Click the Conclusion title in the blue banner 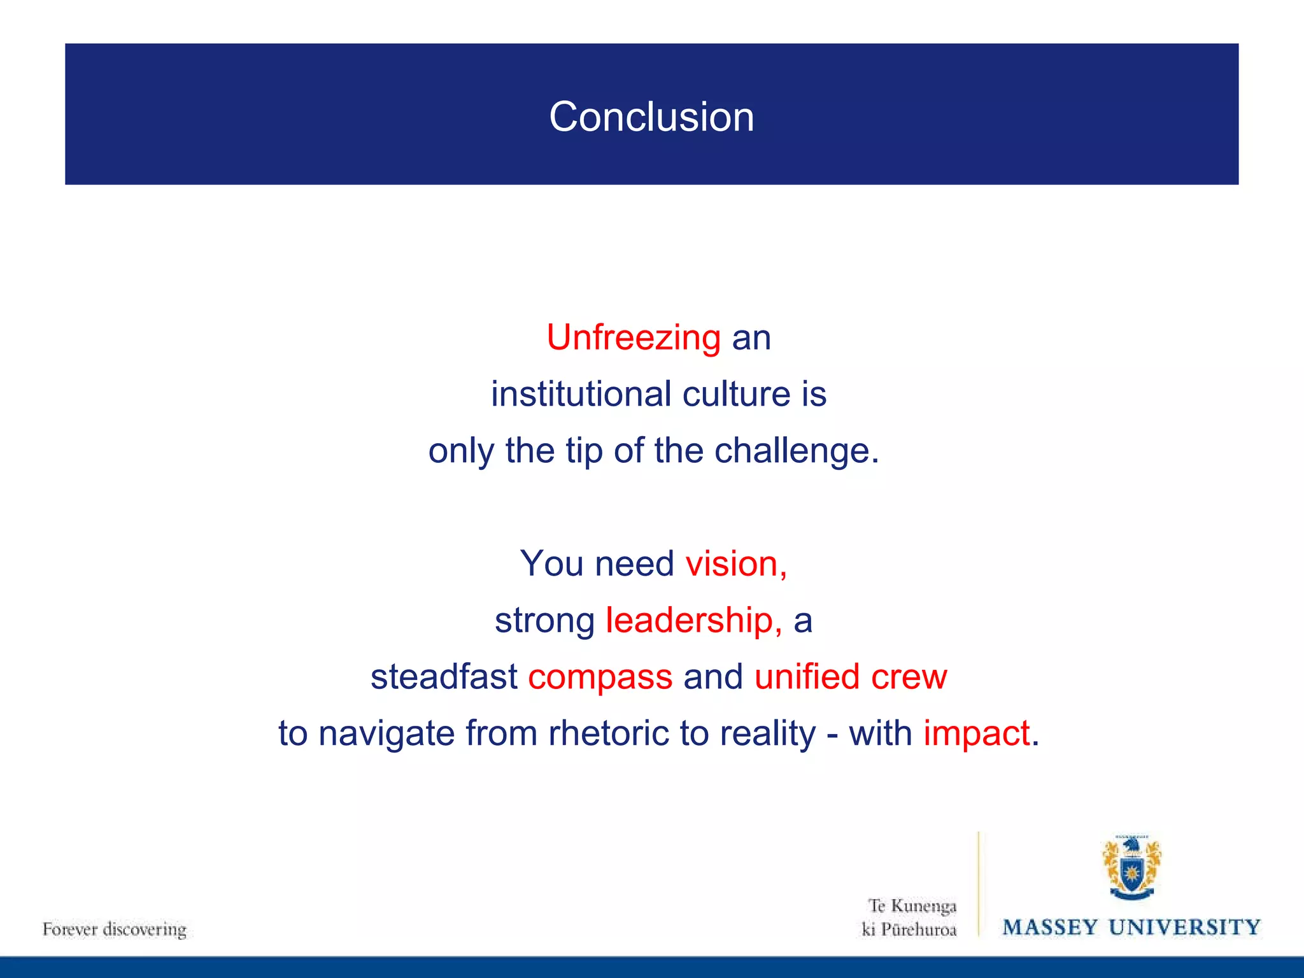[x=651, y=117]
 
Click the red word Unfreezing [x=634, y=337]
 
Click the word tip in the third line [x=584, y=451]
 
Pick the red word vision [x=735, y=564]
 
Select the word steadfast [x=444, y=677]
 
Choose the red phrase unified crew [x=851, y=677]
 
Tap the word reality [x=767, y=734]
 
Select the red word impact [x=976, y=734]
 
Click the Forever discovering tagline [x=115, y=930]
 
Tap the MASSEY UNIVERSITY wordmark [x=1131, y=927]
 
